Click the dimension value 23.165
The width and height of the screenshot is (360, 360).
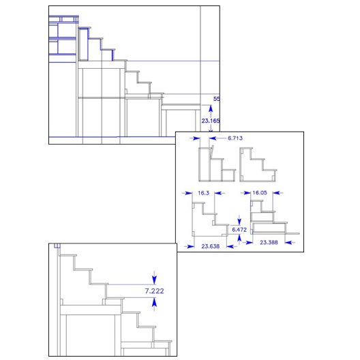(211, 121)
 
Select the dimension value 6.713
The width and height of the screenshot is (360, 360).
(235, 138)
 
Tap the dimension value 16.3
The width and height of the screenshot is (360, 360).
(204, 193)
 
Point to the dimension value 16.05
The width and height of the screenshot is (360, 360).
(260, 193)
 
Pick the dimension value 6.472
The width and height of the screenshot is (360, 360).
(239, 230)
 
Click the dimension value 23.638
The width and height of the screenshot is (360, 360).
(211, 246)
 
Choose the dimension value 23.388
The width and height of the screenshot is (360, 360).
(269, 242)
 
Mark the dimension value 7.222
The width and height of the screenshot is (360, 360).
(155, 291)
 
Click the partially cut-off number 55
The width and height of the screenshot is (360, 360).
(217, 99)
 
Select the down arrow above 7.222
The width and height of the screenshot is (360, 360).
(154, 278)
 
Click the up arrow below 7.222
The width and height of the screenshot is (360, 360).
(154, 303)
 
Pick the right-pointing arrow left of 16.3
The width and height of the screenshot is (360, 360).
(187, 193)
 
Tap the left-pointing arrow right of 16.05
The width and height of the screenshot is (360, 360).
(278, 193)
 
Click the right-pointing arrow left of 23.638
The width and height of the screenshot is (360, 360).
(189, 246)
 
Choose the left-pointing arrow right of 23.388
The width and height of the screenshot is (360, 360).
(290, 242)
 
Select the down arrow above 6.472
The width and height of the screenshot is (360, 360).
(239, 220)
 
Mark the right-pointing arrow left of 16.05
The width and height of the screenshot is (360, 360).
(245, 193)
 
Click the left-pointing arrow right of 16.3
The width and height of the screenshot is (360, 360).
(220, 193)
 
